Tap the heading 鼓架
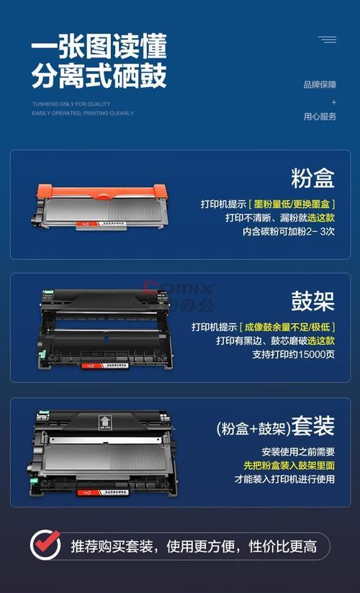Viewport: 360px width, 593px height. [x=313, y=301]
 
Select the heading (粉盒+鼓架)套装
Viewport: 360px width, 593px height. [x=276, y=427]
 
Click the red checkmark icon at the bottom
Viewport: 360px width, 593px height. [x=45, y=545]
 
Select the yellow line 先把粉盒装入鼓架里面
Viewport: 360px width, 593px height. [x=284, y=466]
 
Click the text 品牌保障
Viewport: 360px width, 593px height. [x=320, y=85]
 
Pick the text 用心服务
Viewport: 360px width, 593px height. [x=320, y=117]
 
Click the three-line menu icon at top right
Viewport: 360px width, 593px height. [x=328, y=40]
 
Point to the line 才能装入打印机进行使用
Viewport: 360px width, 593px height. [x=284, y=479]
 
